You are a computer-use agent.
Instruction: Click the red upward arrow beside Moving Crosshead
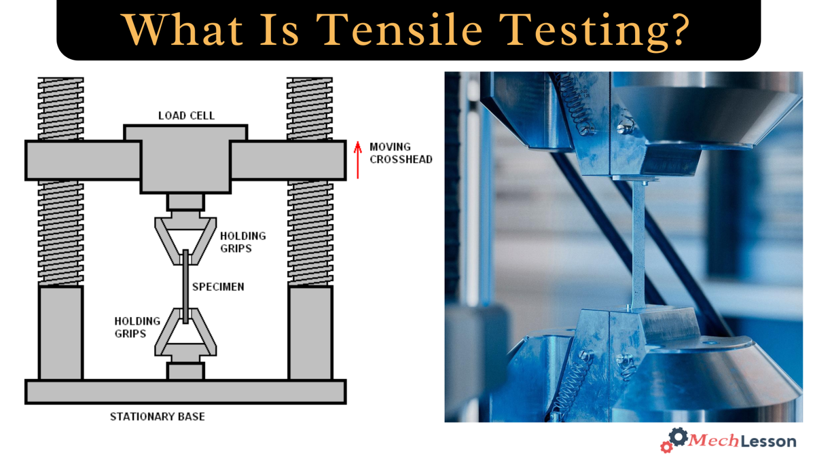pos(358,159)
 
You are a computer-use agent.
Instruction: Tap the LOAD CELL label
pos(186,116)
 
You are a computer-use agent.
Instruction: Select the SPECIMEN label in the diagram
pos(218,287)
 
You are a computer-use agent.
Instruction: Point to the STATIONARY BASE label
pos(157,417)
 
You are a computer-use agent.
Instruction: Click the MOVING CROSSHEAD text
pos(400,153)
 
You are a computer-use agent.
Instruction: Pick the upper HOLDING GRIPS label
pos(242,242)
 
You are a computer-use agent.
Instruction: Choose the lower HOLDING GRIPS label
pos(137,327)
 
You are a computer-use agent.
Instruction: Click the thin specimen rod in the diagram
pos(185,286)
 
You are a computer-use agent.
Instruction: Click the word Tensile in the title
pos(399,30)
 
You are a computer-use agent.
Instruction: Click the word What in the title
pos(182,30)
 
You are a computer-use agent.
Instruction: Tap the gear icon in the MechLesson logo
pos(677,437)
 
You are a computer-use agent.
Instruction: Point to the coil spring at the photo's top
pos(574,103)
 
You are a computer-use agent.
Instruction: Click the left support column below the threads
pos(61,333)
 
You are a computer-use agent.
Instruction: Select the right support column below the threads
pos(310,333)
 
